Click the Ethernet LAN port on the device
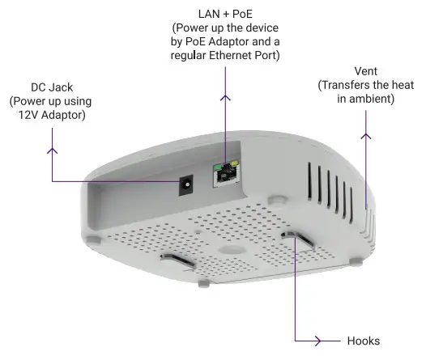pos(221,175)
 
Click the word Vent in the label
pos(366,70)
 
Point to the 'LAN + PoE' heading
pos(225,14)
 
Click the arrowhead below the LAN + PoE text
pos(225,99)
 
